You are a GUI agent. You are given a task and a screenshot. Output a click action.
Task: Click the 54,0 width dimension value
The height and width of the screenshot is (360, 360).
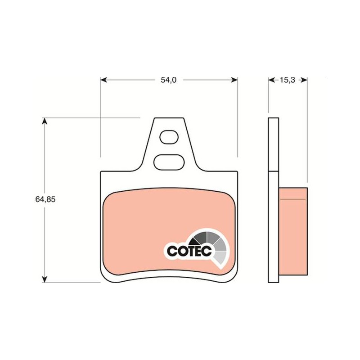tap(168, 80)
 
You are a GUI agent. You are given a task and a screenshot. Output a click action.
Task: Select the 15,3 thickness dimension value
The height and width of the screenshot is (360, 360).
tap(287, 80)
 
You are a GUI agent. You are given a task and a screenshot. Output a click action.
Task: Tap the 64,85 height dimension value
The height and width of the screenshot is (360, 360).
tap(45, 199)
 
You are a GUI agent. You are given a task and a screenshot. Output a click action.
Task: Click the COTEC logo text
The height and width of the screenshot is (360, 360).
tap(189, 251)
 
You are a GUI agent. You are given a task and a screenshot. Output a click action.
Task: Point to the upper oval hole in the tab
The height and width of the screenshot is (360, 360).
tap(169, 137)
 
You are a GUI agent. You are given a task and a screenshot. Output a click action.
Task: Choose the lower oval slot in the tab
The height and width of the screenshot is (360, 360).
tap(169, 162)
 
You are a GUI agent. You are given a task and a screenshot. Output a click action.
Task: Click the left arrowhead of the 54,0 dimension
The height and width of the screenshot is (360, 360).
tap(104, 80)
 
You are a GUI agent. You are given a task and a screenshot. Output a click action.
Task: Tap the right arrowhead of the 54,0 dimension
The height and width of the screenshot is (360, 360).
tap(234, 80)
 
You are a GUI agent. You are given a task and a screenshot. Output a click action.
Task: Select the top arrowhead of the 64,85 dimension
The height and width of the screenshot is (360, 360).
tap(45, 121)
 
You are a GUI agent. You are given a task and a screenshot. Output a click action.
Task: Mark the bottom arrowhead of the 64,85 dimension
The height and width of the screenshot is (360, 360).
tap(45, 279)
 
